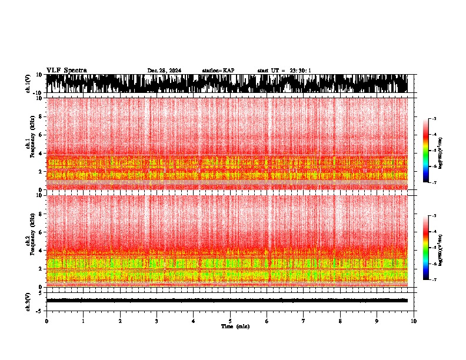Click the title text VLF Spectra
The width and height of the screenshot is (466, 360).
coord(66,71)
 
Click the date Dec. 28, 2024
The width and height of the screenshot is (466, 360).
coord(164,71)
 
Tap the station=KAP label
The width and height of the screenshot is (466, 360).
coord(218,71)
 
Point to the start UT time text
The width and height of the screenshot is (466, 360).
coord(284,71)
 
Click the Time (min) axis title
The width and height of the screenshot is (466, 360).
coord(230,326)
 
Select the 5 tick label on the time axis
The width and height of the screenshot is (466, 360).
coord(230,321)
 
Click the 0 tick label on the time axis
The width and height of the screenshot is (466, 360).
coord(46,321)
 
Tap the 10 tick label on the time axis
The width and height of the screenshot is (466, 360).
coord(414,321)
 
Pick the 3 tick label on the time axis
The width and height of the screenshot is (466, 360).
coord(157,321)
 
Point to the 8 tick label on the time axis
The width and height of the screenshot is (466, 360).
coord(340,321)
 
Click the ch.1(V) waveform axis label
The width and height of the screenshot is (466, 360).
coord(28,84)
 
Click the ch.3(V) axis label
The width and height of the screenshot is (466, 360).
coord(28,301)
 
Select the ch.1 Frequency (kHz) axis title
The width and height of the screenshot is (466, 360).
coord(29,144)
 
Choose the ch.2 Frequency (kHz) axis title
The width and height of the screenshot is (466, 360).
coord(29,241)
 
